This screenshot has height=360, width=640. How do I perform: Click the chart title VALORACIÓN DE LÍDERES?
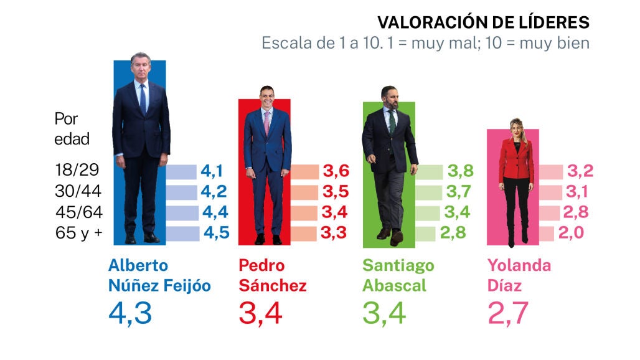point(483,22)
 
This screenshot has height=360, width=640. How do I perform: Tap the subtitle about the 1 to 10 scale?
point(425,43)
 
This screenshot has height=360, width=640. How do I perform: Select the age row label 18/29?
point(77,170)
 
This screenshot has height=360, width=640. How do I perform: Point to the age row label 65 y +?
point(79,233)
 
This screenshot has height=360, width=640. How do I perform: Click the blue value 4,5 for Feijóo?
point(216,233)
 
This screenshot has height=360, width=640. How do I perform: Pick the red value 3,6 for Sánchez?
point(336,171)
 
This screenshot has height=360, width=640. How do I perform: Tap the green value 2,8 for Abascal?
point(453,233)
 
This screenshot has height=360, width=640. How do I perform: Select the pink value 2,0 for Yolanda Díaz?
point(571,233)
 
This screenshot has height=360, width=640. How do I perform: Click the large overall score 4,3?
point(130,314)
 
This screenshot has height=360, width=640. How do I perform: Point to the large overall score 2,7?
point(508,314)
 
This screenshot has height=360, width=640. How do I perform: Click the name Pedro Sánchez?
point(273,275)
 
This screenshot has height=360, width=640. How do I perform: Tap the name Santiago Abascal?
point(398,275)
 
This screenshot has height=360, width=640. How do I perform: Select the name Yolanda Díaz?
point(519,275)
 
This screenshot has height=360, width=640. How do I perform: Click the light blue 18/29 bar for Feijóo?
point(181,172)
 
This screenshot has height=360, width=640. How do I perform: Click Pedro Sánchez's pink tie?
point(267,123)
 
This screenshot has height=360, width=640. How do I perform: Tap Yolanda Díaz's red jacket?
point(516,159)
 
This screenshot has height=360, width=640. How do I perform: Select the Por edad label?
point(72,129)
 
